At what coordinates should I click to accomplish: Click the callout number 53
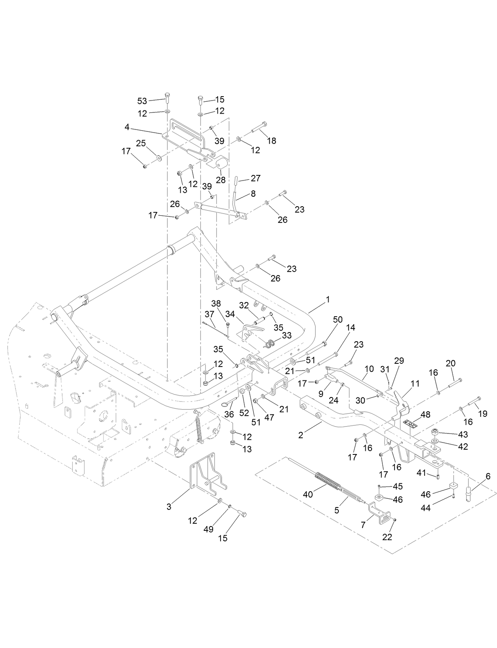tap(142, 101)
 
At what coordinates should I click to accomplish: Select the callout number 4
tap(127, 127)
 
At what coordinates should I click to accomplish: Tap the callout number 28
tap(221, 180)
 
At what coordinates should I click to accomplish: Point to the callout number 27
tap(256, 178)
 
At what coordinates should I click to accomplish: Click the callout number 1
tap(328, 300)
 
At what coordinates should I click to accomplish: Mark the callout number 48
tap(425, 415)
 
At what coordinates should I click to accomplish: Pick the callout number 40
tap(308, 494)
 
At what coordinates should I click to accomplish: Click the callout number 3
tap(169, 507)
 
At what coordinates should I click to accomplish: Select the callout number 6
tap(488, 477)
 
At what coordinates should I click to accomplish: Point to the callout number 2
tap(301, 435)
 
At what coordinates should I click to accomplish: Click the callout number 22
tap(387, 537)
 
